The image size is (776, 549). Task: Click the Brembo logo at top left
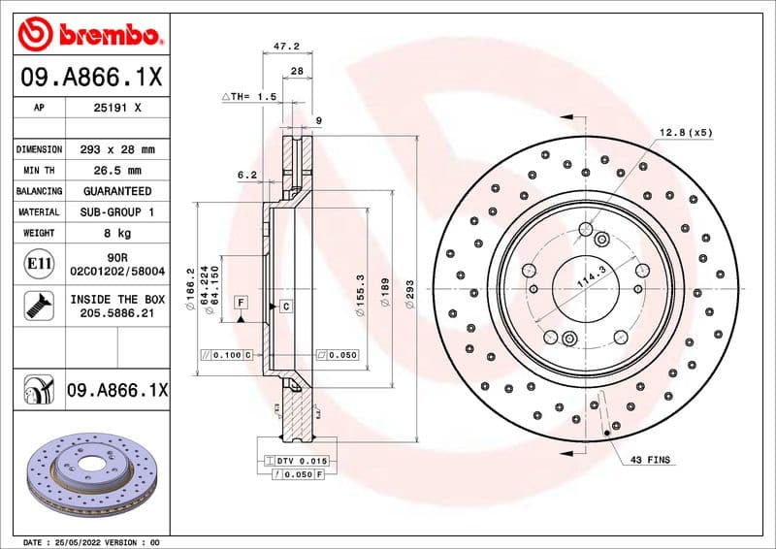tap(88, 36)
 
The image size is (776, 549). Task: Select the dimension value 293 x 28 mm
tap(117, 150)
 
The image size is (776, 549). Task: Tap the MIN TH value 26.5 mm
tap(117, 171)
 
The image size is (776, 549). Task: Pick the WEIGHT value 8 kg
tap(117, 233)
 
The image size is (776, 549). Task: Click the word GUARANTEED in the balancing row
tap(117, 191)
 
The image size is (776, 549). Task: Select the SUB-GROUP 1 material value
tap(117, 211)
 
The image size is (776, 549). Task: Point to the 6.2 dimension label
tap(246, 176)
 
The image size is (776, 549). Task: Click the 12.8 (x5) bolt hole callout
tap(686, 131)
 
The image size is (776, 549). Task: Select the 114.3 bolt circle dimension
tap(591, 278)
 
